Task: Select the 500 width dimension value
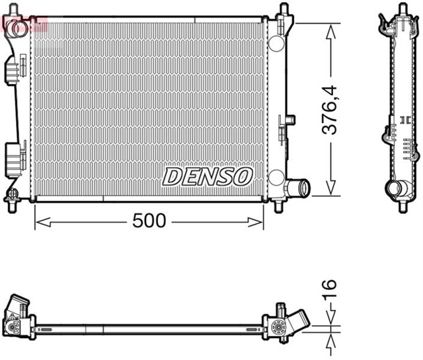pyautogui.click(x=149, y=221)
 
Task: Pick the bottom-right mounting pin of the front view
pyautogui.click(x=279, y=205)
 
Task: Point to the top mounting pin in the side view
pyautogui.click(x=401, y=9)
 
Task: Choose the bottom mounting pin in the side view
pyautogui.click(x=402, y=205)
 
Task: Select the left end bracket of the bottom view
pyautogui.click(x=19, y=317)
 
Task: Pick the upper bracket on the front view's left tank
pyautogui.click(x=11, y=69)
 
